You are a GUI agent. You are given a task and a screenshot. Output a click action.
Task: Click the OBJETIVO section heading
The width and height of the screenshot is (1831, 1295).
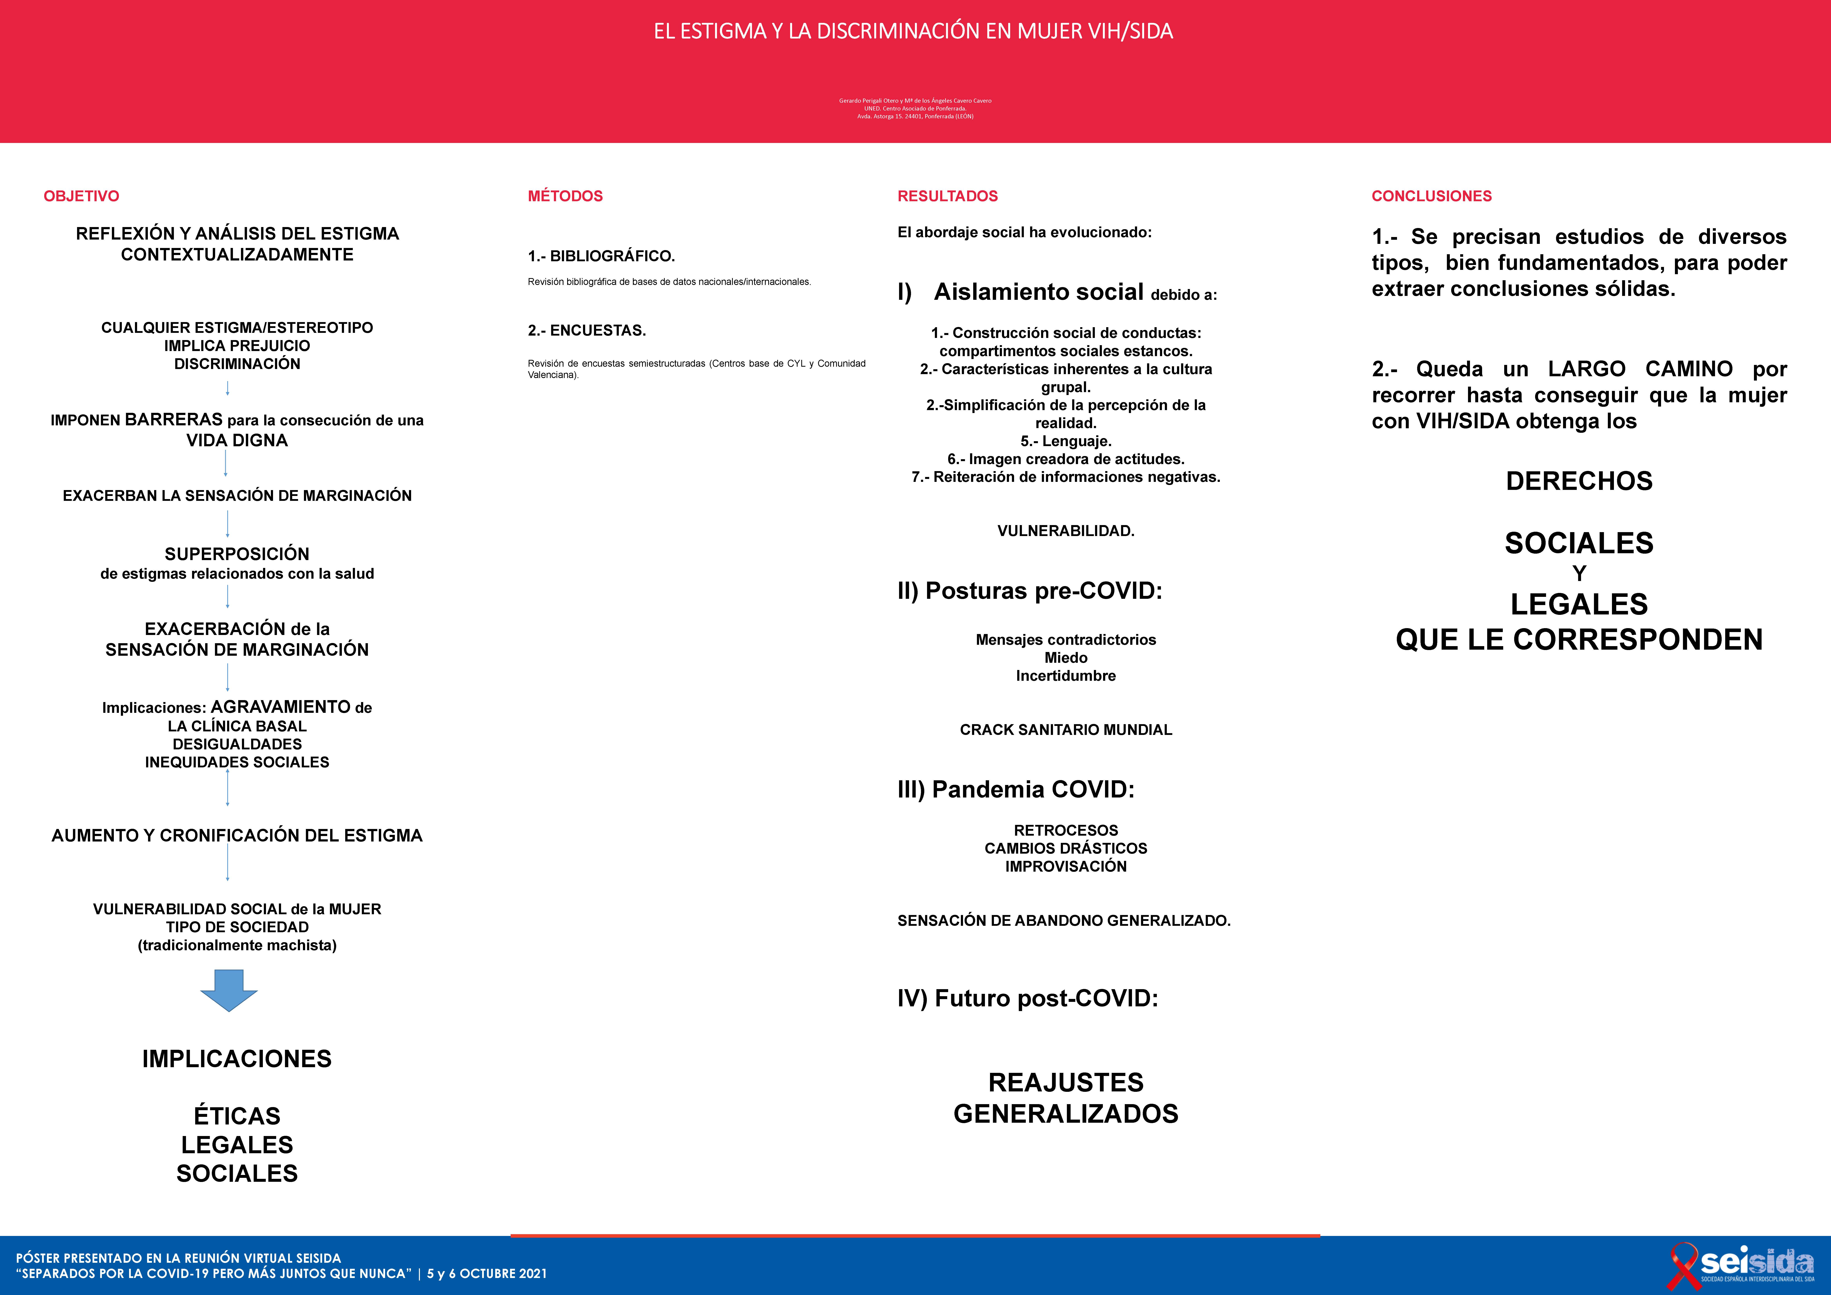tap(81, 196)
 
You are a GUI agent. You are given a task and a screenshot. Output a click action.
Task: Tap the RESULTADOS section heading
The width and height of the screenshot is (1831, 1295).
tap(947, 196)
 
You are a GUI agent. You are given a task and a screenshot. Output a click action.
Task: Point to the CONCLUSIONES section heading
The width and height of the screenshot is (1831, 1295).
tap(1431, 196)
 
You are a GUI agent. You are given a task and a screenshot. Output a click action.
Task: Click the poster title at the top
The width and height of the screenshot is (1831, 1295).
tap(913, 31)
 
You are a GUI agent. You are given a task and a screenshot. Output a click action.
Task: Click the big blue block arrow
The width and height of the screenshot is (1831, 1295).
tap(229, 990)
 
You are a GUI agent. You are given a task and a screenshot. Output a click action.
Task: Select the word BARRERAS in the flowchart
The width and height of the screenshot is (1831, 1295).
tap(174, 419)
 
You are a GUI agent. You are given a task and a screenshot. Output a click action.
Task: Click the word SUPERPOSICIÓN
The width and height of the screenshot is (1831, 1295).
tap(237, 553)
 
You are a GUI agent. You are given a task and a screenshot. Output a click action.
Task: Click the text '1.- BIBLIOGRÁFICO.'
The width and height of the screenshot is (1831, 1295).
tap(601, 256)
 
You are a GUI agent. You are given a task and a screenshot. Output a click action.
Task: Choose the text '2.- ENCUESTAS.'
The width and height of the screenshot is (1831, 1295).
tap(587, 330)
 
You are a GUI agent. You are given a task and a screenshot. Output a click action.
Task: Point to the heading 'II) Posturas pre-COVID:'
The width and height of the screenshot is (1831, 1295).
tap(1030, 591)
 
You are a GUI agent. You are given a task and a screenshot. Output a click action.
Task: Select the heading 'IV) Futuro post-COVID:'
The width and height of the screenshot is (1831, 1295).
tap(1027, 998)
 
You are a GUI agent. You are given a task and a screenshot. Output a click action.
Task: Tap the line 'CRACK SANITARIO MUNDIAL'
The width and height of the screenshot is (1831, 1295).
tap(1066, 730)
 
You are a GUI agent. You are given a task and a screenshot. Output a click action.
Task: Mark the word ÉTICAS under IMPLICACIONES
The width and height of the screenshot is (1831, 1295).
tap(237, 1116)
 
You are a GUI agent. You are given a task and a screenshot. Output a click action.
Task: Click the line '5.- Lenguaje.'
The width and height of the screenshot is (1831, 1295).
tap(1066, 441)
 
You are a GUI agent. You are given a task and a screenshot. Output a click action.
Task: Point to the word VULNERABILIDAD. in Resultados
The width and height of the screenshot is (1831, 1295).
tap(1066, 531)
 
